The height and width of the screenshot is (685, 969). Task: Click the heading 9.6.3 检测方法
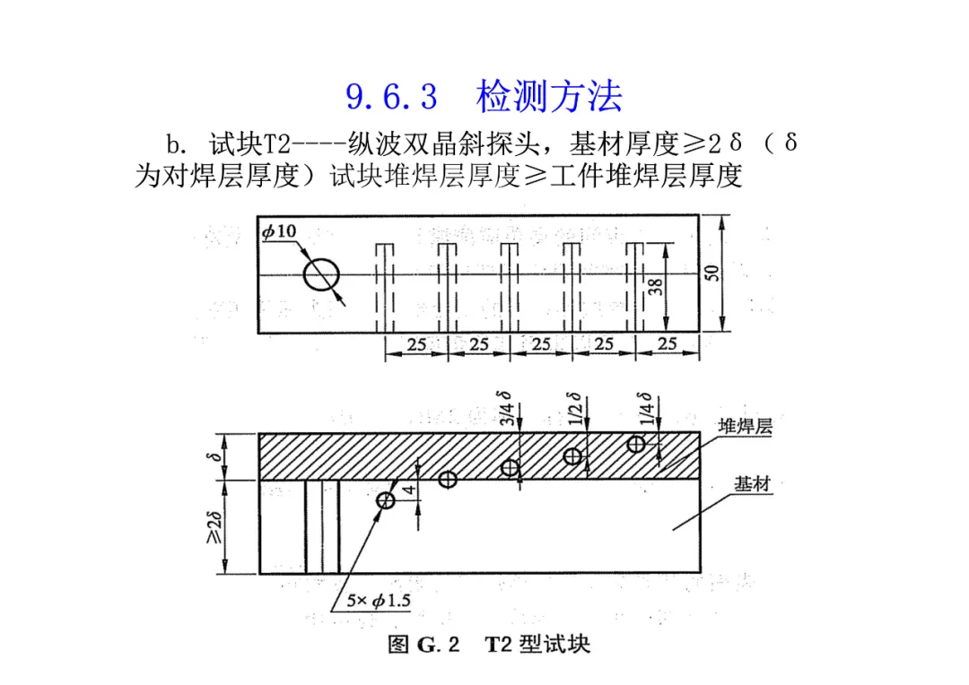point(484,97)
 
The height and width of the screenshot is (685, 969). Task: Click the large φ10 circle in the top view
point(321,274)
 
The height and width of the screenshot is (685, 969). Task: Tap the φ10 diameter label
point(280,232)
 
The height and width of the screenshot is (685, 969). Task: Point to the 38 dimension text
point(656,286)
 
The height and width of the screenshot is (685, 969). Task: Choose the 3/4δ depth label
point(509,408)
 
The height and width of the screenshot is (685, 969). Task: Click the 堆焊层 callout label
point(744,427)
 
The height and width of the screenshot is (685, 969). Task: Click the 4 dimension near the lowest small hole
point(408,490)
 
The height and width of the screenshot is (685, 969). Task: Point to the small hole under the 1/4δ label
point(636,443)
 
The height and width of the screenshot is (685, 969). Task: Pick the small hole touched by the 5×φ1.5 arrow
point(387,500)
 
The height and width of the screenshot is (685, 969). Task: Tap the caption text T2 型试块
point(537,645)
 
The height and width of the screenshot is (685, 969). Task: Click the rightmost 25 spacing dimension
point(668,343)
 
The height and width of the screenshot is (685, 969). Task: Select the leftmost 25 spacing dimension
point(415,343)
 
